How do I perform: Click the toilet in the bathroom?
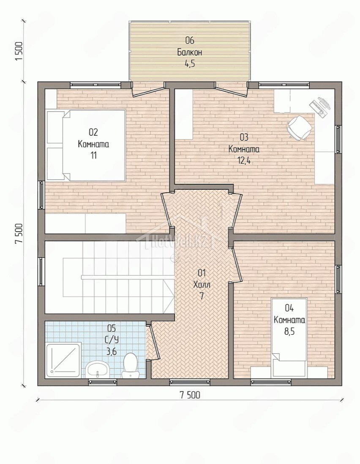[x=130, y=366]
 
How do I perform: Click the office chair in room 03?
[x=299, y=127]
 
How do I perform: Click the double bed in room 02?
[x=85, y=145]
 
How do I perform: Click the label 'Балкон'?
[x=190, y=53]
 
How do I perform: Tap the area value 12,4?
[x=244, y=161]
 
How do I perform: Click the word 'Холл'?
[x=202, y=285]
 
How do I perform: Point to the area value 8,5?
[x=289, y=331]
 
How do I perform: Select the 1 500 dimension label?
[x=19, y=52]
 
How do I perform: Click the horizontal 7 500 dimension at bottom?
[x=190, y=395]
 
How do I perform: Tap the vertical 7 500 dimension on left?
[x=19, y=234]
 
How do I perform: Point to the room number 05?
[x=112, y=328]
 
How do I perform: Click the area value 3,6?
[x=112, y=351]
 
